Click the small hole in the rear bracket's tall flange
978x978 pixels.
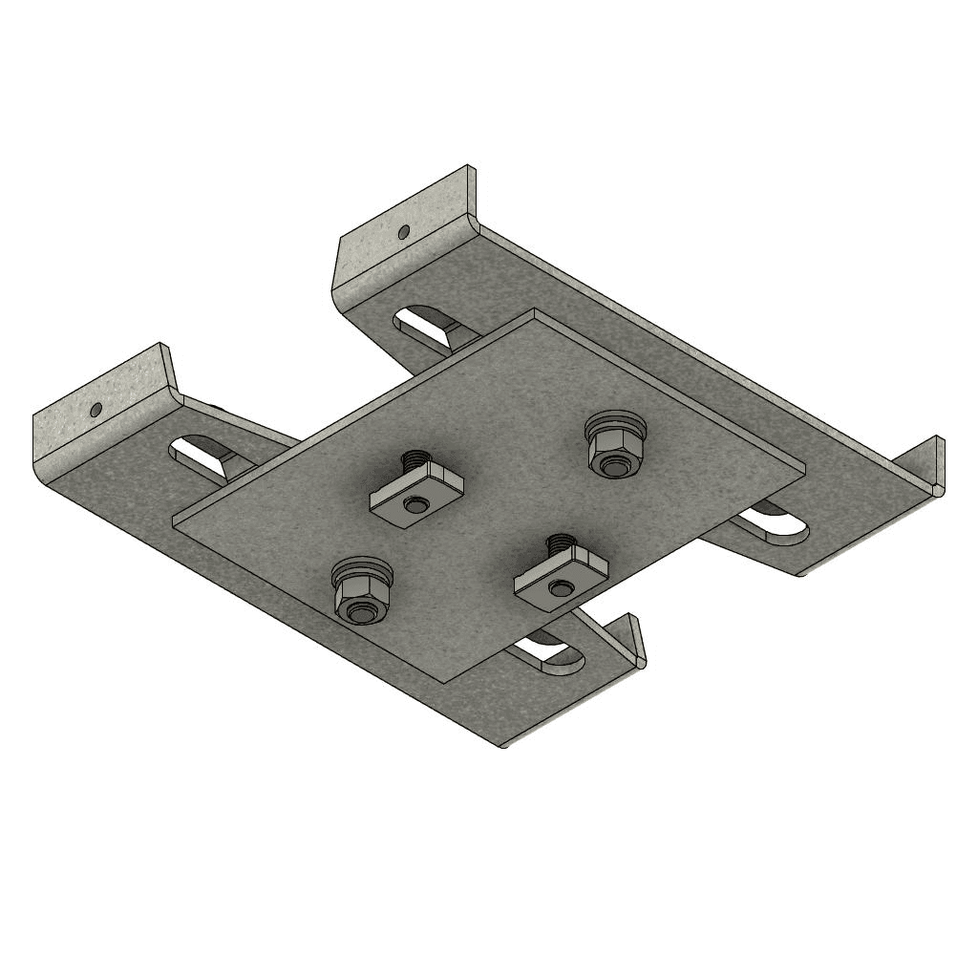[404, 231]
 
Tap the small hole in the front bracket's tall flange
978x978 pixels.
[96, 410]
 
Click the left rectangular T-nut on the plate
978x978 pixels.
[415, 495]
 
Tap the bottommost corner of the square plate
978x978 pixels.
[444, 681]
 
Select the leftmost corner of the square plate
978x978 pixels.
[173, 521]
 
